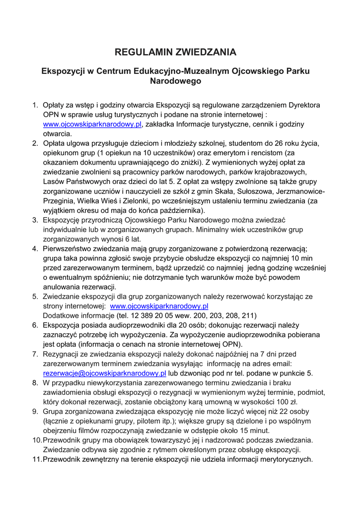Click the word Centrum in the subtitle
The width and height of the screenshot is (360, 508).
pos(115,71)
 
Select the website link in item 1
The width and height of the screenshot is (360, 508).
pos(92,124)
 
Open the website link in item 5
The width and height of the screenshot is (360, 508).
pos(159,306)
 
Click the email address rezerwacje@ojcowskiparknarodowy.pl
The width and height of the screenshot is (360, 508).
pos(104,373)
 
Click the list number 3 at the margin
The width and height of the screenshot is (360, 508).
pos(35,220)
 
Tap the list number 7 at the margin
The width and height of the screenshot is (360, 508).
pos(35,354)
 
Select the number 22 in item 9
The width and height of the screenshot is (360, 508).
pos(284,411)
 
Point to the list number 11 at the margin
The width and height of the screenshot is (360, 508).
pos(37,459)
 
